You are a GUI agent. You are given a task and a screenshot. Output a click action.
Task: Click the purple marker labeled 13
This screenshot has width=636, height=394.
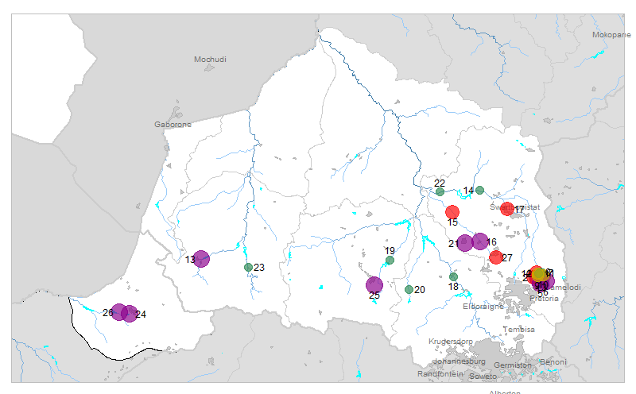tap(201, 258)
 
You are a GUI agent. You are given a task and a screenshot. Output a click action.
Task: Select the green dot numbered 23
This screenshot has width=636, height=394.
tap(248, 267)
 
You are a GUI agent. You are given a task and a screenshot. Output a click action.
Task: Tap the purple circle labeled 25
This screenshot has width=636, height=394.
tap(374, 284)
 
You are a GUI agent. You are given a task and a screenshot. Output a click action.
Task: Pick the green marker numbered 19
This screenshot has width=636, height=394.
tap(390, 260)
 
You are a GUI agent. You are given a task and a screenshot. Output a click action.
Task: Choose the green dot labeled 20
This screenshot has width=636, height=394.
tap(409, 289)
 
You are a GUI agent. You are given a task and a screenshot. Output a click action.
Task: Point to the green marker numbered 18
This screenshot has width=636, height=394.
tap(453, 276)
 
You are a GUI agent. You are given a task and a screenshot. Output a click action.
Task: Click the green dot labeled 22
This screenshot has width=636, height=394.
tap(440, 191)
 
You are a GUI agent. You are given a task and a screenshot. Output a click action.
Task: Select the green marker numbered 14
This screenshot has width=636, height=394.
tap(479, 190)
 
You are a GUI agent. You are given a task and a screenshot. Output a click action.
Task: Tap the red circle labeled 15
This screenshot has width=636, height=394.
tap(452, 211)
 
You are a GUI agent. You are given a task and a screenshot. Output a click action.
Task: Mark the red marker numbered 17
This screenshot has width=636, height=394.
tap(507, 209)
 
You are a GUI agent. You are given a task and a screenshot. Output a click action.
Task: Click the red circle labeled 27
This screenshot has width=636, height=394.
tap(496, 257)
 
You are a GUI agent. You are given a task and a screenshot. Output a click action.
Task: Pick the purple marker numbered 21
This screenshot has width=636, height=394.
tap(465, 243)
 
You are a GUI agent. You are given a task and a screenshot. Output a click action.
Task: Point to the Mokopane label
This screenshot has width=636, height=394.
tap(611, 35)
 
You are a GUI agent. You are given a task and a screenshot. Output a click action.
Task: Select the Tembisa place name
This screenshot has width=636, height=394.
tap(517, 329)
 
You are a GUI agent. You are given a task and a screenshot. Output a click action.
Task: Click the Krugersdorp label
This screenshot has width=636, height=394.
tap(451, 341)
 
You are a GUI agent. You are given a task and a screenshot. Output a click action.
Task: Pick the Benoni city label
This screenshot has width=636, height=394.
tap(553, 362)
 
